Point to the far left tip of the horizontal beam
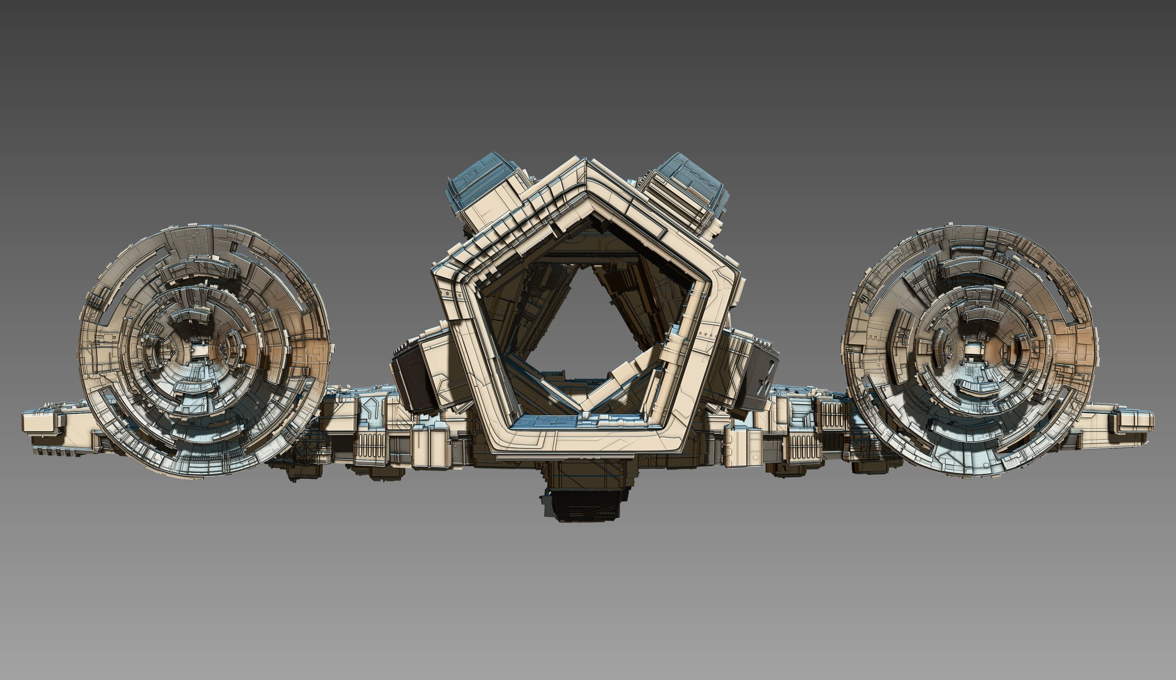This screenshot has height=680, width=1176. click(x=26, y=422)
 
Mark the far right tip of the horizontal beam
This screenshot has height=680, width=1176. click(x=1150, y=420)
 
